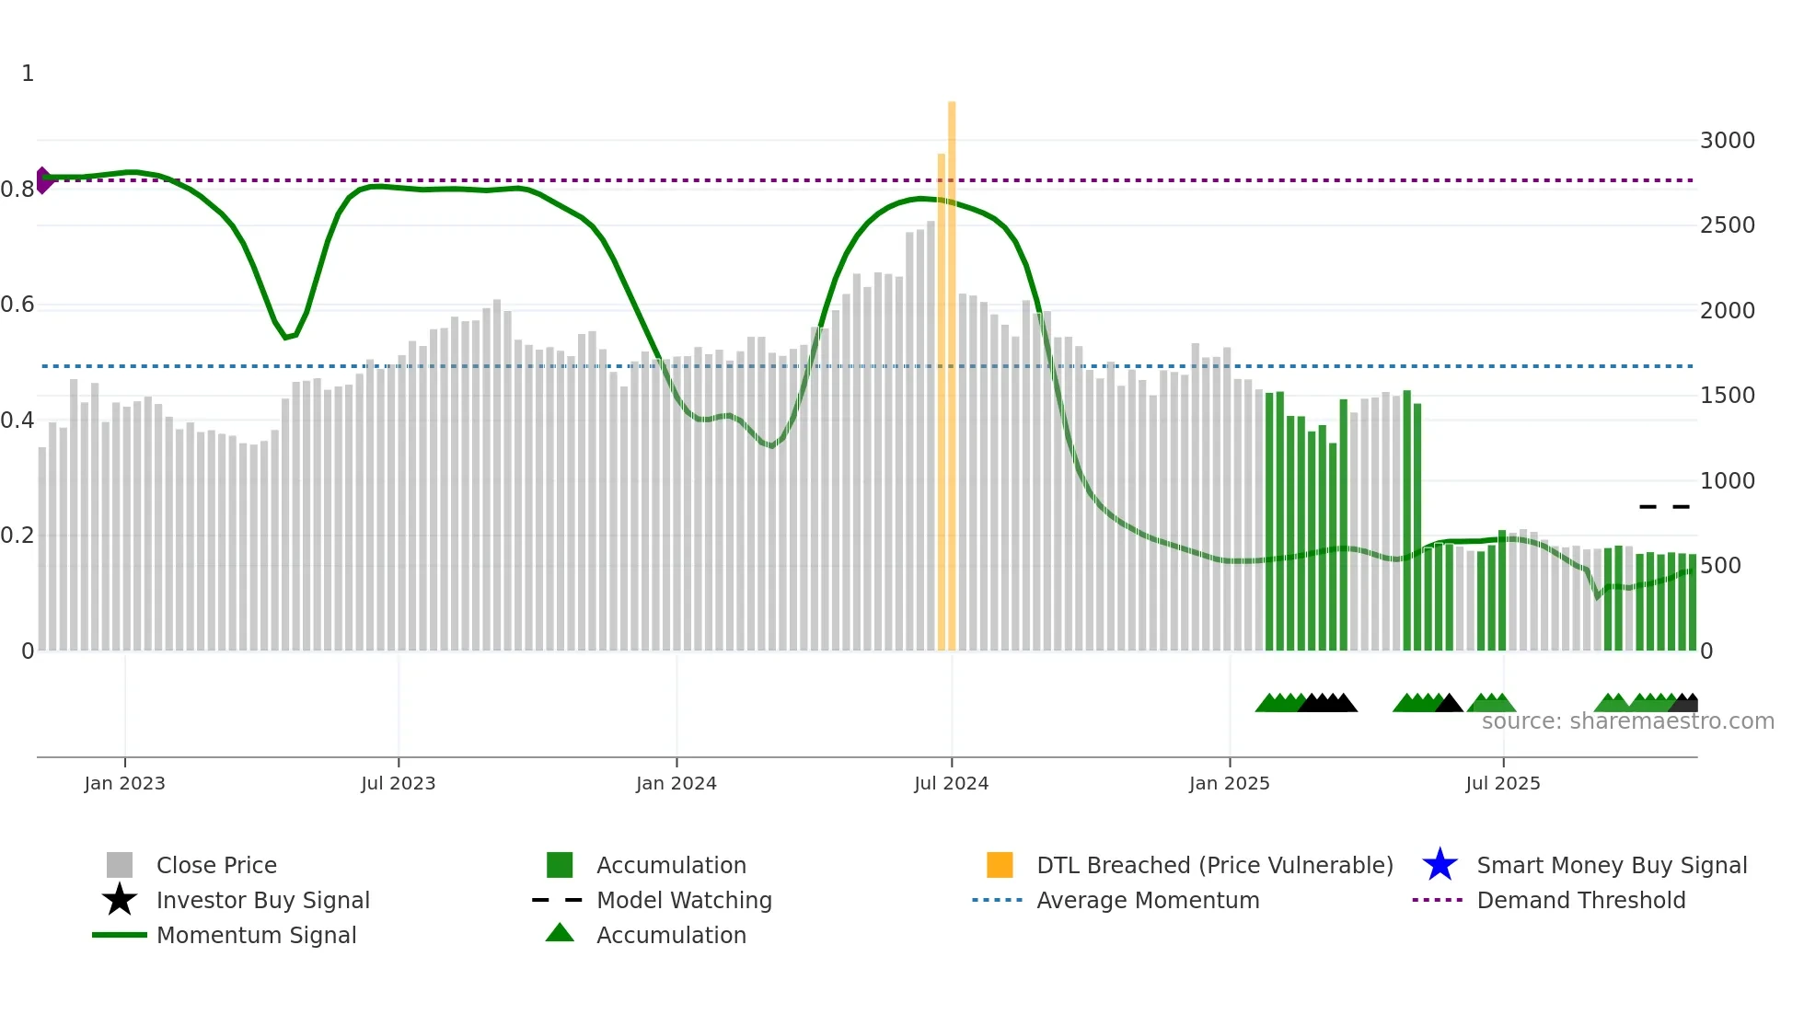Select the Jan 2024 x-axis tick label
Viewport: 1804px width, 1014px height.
[x=676, y=783]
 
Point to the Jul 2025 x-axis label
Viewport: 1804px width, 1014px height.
[x=1502, y=783]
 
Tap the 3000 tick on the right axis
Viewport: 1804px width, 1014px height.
[x=1727, y=141]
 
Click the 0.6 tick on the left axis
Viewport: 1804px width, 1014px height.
[x=17, y=305]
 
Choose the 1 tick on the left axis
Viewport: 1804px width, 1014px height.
[x=28, y=74]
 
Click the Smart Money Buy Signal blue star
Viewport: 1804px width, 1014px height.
[x=1440, y=865]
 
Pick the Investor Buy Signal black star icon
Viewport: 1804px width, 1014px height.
[x=120, y=900]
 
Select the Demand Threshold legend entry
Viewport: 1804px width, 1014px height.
[x=1580, y=900]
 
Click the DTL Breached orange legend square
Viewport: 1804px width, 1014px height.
[x=1000, y=865]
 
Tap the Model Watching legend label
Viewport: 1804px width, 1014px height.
[x=684, y=900]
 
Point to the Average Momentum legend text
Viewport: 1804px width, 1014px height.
[x=1148, y=900]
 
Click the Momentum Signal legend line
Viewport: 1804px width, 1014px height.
[x=120, y=935]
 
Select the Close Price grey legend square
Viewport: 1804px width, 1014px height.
[x=120, y=865]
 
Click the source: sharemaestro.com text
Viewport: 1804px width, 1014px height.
[x=1627, y=721]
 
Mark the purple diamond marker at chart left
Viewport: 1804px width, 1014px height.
[x=43, y=180]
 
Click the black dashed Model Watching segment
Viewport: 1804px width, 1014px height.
[x=1664, y=506]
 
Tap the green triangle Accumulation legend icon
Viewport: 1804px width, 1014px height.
[x=560, y=933]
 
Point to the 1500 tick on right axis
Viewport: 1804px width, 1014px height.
[x=1727, y=396]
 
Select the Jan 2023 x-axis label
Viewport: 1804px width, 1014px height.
[x=124, y=783]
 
